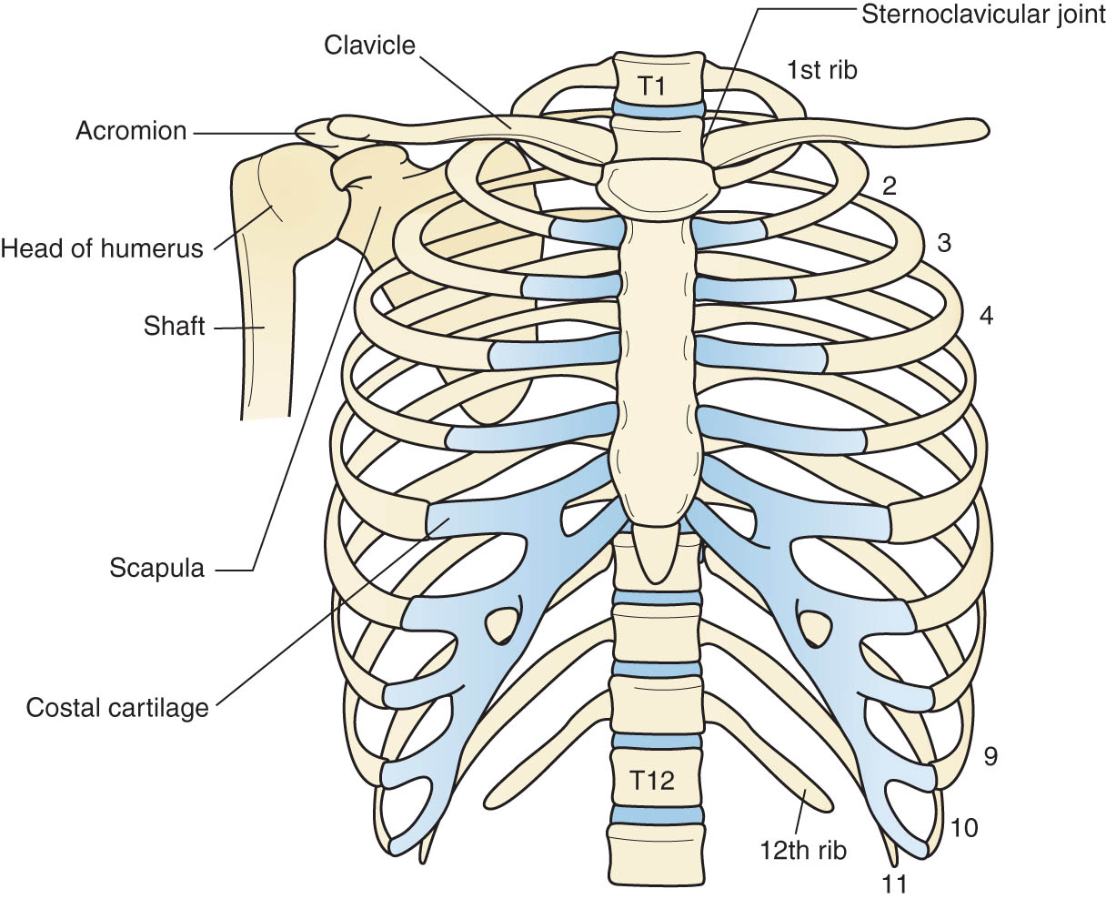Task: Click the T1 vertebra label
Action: point(652,86)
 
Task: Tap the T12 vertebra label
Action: point(651,780)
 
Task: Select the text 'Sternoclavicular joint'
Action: point(983,14)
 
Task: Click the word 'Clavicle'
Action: point(369,45)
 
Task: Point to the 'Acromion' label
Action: point(131,130)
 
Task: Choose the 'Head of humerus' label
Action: point(102,248)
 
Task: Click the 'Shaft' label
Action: point(175,326)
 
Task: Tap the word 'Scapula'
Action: point(156,568)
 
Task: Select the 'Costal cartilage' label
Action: point(117,707)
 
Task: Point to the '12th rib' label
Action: point(803,850)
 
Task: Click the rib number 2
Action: point(890,186)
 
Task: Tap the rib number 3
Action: point(944,243)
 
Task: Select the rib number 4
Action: point(986,315)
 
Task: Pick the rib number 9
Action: point(990,756)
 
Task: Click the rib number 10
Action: point(964,828)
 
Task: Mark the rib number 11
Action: point(894,884)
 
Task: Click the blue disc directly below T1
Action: point(659,108)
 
